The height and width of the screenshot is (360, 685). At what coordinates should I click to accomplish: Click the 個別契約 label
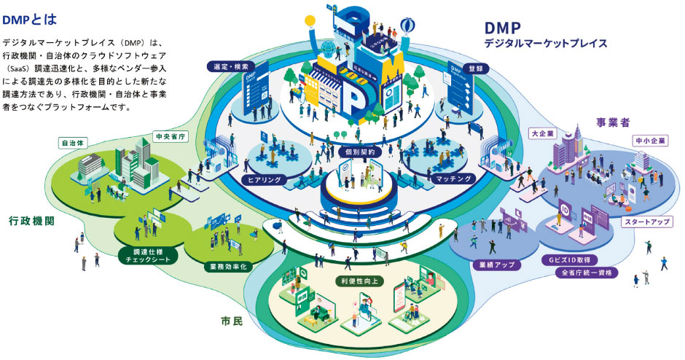[x=361, y=152]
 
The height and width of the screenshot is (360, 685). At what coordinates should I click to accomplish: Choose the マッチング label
[x=453, y=178]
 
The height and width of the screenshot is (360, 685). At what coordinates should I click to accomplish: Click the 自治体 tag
[x=74, y=142]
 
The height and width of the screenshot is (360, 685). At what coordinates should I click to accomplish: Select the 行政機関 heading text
[x=34, y=220]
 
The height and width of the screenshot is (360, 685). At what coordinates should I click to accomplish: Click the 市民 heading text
[x=232, y=319]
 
